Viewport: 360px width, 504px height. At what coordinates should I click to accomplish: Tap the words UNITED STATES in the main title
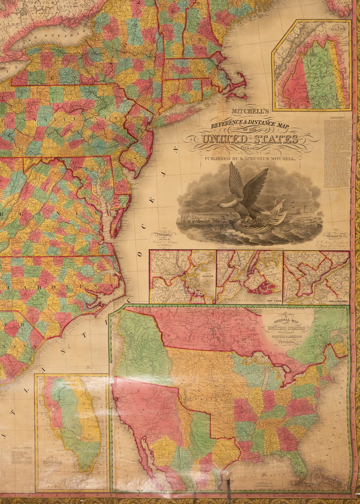[x=251, y=139]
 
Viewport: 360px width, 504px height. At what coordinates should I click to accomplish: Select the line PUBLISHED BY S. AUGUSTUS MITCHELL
[x=250, y=158]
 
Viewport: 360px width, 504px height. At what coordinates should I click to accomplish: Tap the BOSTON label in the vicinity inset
[x=207, y=276]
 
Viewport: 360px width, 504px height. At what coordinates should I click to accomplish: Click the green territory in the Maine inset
[x=319, y=76]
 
